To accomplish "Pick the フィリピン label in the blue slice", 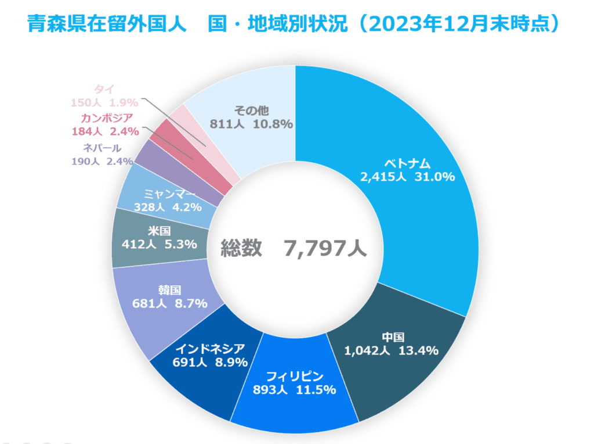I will (294, 375).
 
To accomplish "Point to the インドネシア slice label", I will (210, 348).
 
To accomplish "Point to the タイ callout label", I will (104, 89).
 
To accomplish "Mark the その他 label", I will (251, 110).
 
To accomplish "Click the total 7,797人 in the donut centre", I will (325, 249).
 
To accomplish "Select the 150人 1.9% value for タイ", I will (104, 103).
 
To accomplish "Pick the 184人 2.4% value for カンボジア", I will (105, 131).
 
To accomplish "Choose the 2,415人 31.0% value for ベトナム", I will (407, 177).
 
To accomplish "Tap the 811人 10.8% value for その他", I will (251, 124).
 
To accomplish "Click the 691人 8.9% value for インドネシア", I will (210, 362).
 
